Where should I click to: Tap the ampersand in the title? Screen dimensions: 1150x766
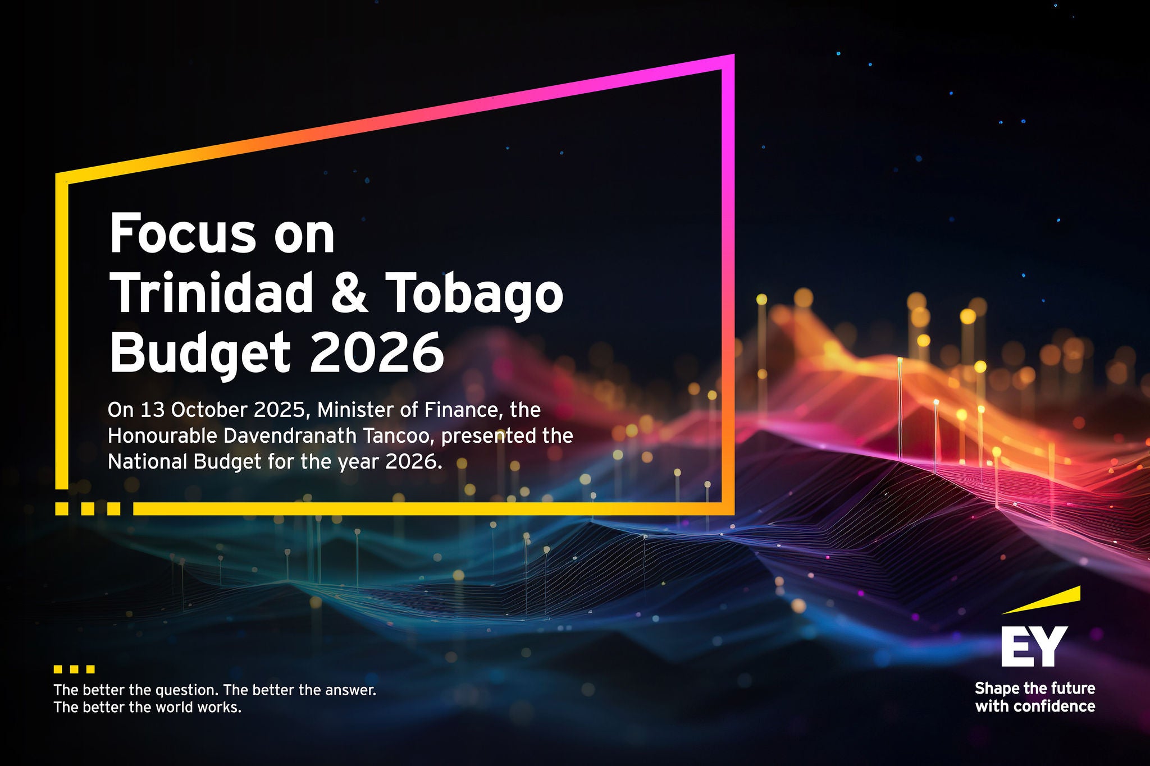(350, 292)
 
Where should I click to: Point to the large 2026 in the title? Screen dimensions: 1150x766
(377, 352)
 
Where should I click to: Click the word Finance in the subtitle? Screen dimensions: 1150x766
(461, 410)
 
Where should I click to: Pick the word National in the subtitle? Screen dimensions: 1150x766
(147, 461)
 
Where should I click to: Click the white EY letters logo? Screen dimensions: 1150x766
(1034, 646)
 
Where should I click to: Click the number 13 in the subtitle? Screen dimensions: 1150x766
(152, 410)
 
